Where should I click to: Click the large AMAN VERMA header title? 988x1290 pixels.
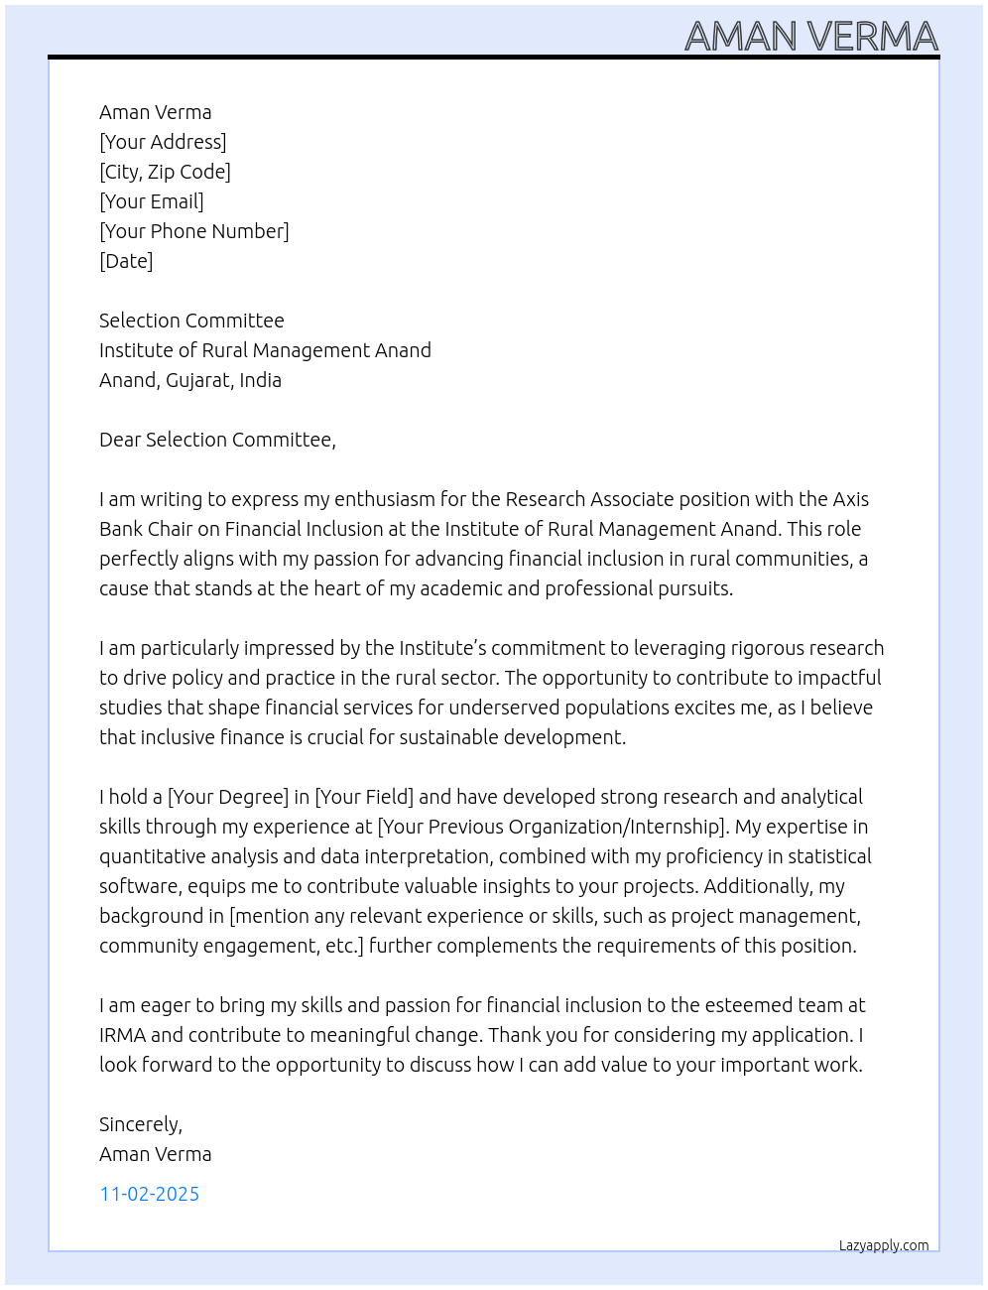click(x=810, y=37)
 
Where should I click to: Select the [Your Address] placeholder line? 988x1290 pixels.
click(x=163, y=142)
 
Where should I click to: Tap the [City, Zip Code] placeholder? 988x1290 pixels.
click(x=165, y=172)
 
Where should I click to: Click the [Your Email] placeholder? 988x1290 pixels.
click(x=152, y=201)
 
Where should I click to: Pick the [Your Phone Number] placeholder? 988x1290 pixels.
click(x=194, y=231)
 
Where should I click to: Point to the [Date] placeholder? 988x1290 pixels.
click(x=126, y=261)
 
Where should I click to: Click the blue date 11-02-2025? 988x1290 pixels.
click(x=149, y=1194)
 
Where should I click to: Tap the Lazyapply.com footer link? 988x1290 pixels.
click(x=884, y=1245)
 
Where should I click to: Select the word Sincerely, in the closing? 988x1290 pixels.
click(x=141, y=1124)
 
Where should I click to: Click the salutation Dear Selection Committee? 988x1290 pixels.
click(x=217, y=440)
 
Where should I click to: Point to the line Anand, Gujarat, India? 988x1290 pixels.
click(x=190, y=380)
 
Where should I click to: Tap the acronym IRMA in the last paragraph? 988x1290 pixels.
click(x=122, y=1035)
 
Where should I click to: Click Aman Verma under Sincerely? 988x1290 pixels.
click(x=155, y=1154)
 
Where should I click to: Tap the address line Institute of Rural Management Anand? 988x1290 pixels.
click(x=265, y=350)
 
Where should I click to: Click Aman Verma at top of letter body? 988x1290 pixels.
click(x=155, y=112)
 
